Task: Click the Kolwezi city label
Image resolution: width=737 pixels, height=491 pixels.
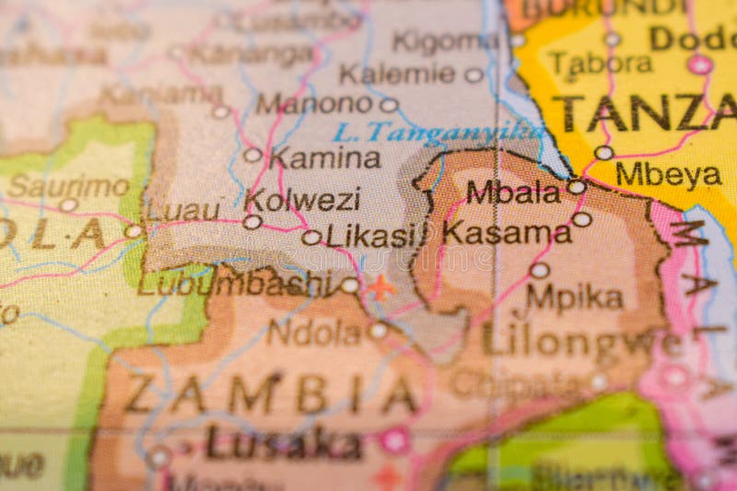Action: point(302,199)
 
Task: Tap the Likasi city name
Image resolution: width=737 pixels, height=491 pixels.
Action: point(370,236)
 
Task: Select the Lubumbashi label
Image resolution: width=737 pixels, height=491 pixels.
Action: point(236,282)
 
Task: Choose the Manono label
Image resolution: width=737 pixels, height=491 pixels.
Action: point(313,102)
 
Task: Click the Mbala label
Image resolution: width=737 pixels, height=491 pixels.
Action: point(512,192)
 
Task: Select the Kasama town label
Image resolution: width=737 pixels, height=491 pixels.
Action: point(507,232)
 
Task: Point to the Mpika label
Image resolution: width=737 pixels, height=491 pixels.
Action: point(574,297)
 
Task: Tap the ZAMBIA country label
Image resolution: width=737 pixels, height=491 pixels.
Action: point(270,394)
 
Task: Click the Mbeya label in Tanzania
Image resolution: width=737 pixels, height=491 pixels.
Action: point(668,174)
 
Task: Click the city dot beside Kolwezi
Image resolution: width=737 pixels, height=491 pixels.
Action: point(252,221)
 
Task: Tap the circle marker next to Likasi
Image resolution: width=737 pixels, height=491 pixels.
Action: point(311,237)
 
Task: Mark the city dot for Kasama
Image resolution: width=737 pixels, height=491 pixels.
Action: point(581,219)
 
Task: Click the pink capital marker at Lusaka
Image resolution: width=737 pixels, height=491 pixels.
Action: point(395,440)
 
